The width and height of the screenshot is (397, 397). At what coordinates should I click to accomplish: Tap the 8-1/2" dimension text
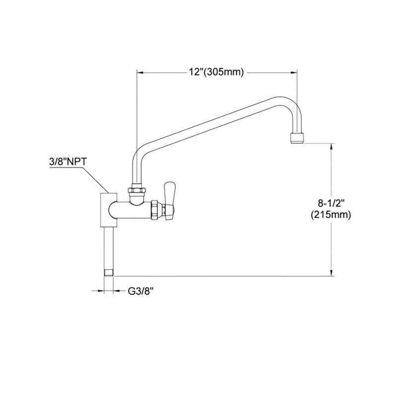coord(331,202)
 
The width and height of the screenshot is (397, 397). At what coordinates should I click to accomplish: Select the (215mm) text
coord(331,215)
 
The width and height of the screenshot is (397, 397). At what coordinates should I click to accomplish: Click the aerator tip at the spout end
coord(297,137)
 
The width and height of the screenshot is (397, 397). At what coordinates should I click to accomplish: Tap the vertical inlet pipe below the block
coord(109,246)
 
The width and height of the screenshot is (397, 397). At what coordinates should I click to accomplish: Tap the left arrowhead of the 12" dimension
coord(140,72)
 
